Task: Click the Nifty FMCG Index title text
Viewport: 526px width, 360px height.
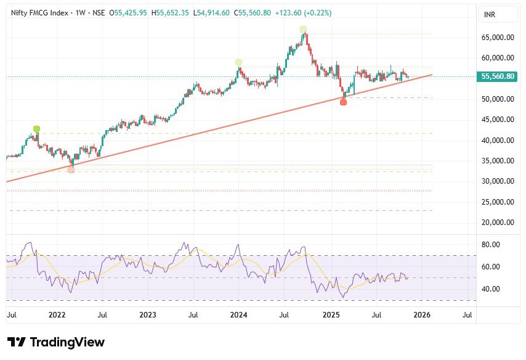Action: click(38, 12)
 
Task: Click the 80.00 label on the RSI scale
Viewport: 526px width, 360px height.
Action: click(490, 245)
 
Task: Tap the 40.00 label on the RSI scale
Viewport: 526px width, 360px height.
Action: click(490, 289)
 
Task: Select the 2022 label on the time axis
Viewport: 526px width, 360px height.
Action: click(57, 315)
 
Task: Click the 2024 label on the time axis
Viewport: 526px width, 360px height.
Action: click(238, 315)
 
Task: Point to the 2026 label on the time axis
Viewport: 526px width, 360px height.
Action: click(421, 315)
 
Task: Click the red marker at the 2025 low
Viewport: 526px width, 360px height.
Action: click(343, 102)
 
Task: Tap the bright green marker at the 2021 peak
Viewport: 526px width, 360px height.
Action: click(36, 129)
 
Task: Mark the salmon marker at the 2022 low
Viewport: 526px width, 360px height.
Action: click(71, 170)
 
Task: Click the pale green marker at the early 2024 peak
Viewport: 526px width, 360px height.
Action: click(238, 62)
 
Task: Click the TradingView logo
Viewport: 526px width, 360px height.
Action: click(56, 342)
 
